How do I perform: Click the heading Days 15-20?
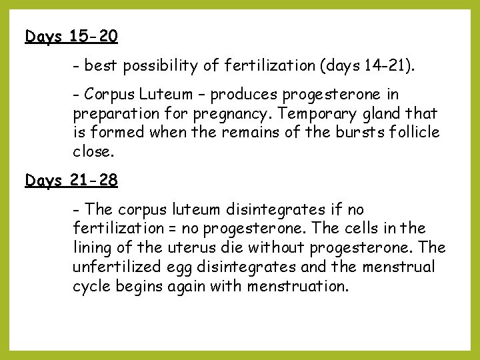(x=71, y=36)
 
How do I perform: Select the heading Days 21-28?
(x=71, y=181)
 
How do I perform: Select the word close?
(x=93, y=151)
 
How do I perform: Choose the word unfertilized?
(x=113, y=267)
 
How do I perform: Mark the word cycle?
(x=93, y=287)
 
